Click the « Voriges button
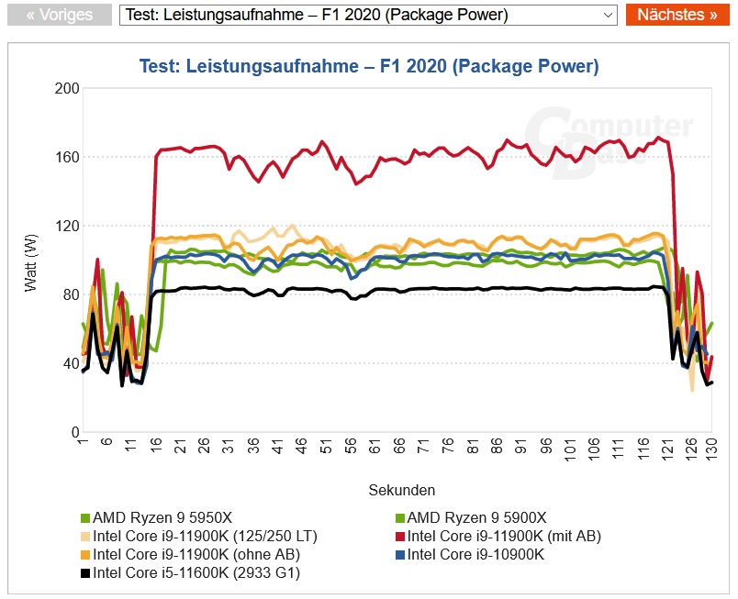[60, 15]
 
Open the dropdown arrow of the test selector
[608, 15]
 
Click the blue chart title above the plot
[368, 66]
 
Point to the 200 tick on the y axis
[68, 88]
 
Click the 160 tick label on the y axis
[68, 157]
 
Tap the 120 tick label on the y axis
[68, 226]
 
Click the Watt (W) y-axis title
[31, 261]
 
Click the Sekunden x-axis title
[402, 490]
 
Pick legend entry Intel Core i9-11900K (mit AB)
[504, 537]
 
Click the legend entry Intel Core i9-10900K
[475, 555]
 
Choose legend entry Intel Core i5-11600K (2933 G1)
[196, 574]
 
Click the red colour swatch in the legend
[399, 537]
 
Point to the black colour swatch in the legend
[85, 574]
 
